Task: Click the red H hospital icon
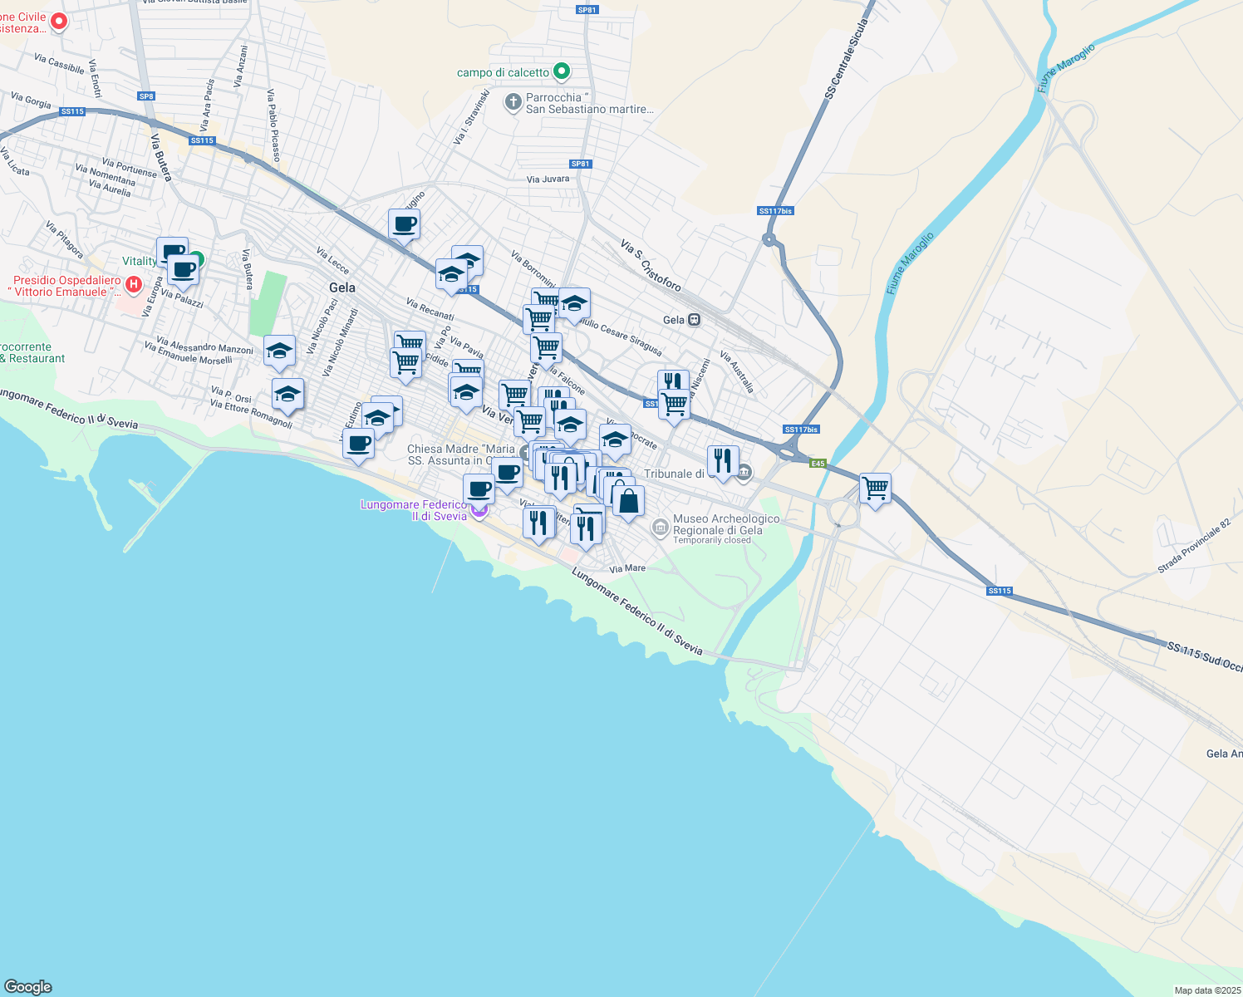click(x=133, y=286)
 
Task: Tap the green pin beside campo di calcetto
click(x=562, y=72)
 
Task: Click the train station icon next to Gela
click(x=695, y=320)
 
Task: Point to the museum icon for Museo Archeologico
click(x=660, y=527)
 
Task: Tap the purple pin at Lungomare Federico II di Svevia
click(x=479, y=509)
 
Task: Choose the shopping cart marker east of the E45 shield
click(x=875, y=489)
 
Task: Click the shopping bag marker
click(x=628, y=502)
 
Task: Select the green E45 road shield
click(x=818, y=464)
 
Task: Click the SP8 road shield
click(x=146, y=96)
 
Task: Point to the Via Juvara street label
click(x=548, y=179)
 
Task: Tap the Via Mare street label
click(x=627, y=569)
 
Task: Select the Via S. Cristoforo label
click(x=651, y=265)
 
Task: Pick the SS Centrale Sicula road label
click(x=846, y=60)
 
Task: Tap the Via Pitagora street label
click(x=65, y=238)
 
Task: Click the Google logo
click(x=28, y=987)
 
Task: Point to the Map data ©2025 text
click(x=1207, y=990)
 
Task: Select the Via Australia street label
click(x=737, y=371)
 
